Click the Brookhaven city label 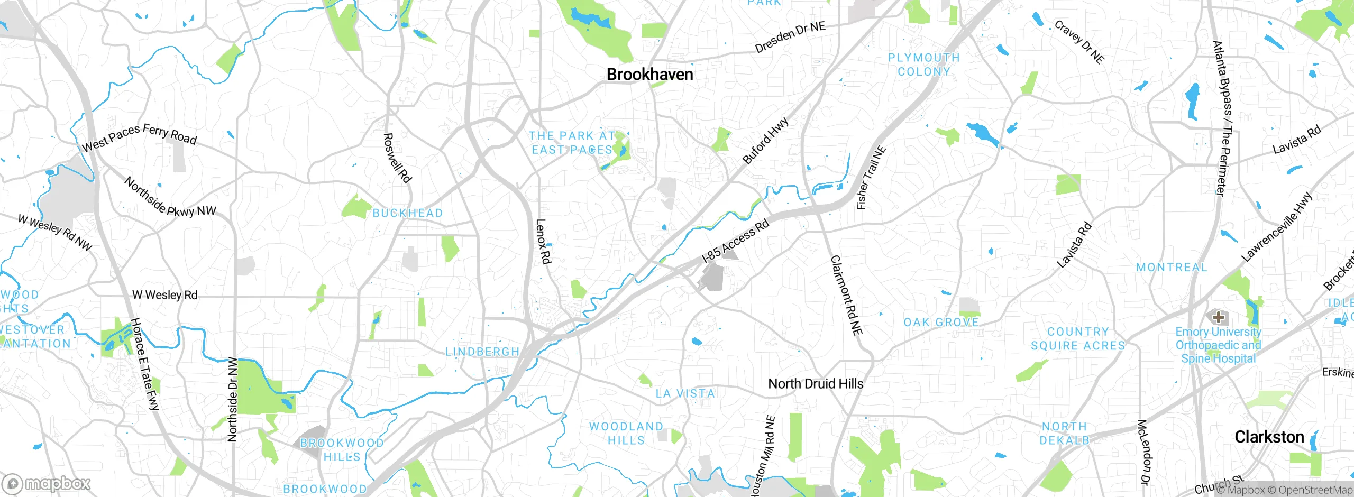coord(649,75)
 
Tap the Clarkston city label coord(1269,437)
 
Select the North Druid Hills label coord(815,384)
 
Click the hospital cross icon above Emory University coord(1219,317)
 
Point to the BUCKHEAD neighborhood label coord(408,213)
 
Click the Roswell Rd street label coord(397,158)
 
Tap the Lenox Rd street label coord(544,242)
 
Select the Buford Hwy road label coord(765,141)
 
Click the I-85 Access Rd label coord(735,242)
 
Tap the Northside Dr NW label coord(233,400)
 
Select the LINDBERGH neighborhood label coord(482,352)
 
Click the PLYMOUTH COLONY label coord(923,65)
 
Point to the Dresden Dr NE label coord(790,37)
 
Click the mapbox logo coord(47,484)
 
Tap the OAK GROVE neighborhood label coord(941,323)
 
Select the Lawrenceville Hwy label coord(1276,227)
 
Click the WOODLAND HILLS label coord(626,433)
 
